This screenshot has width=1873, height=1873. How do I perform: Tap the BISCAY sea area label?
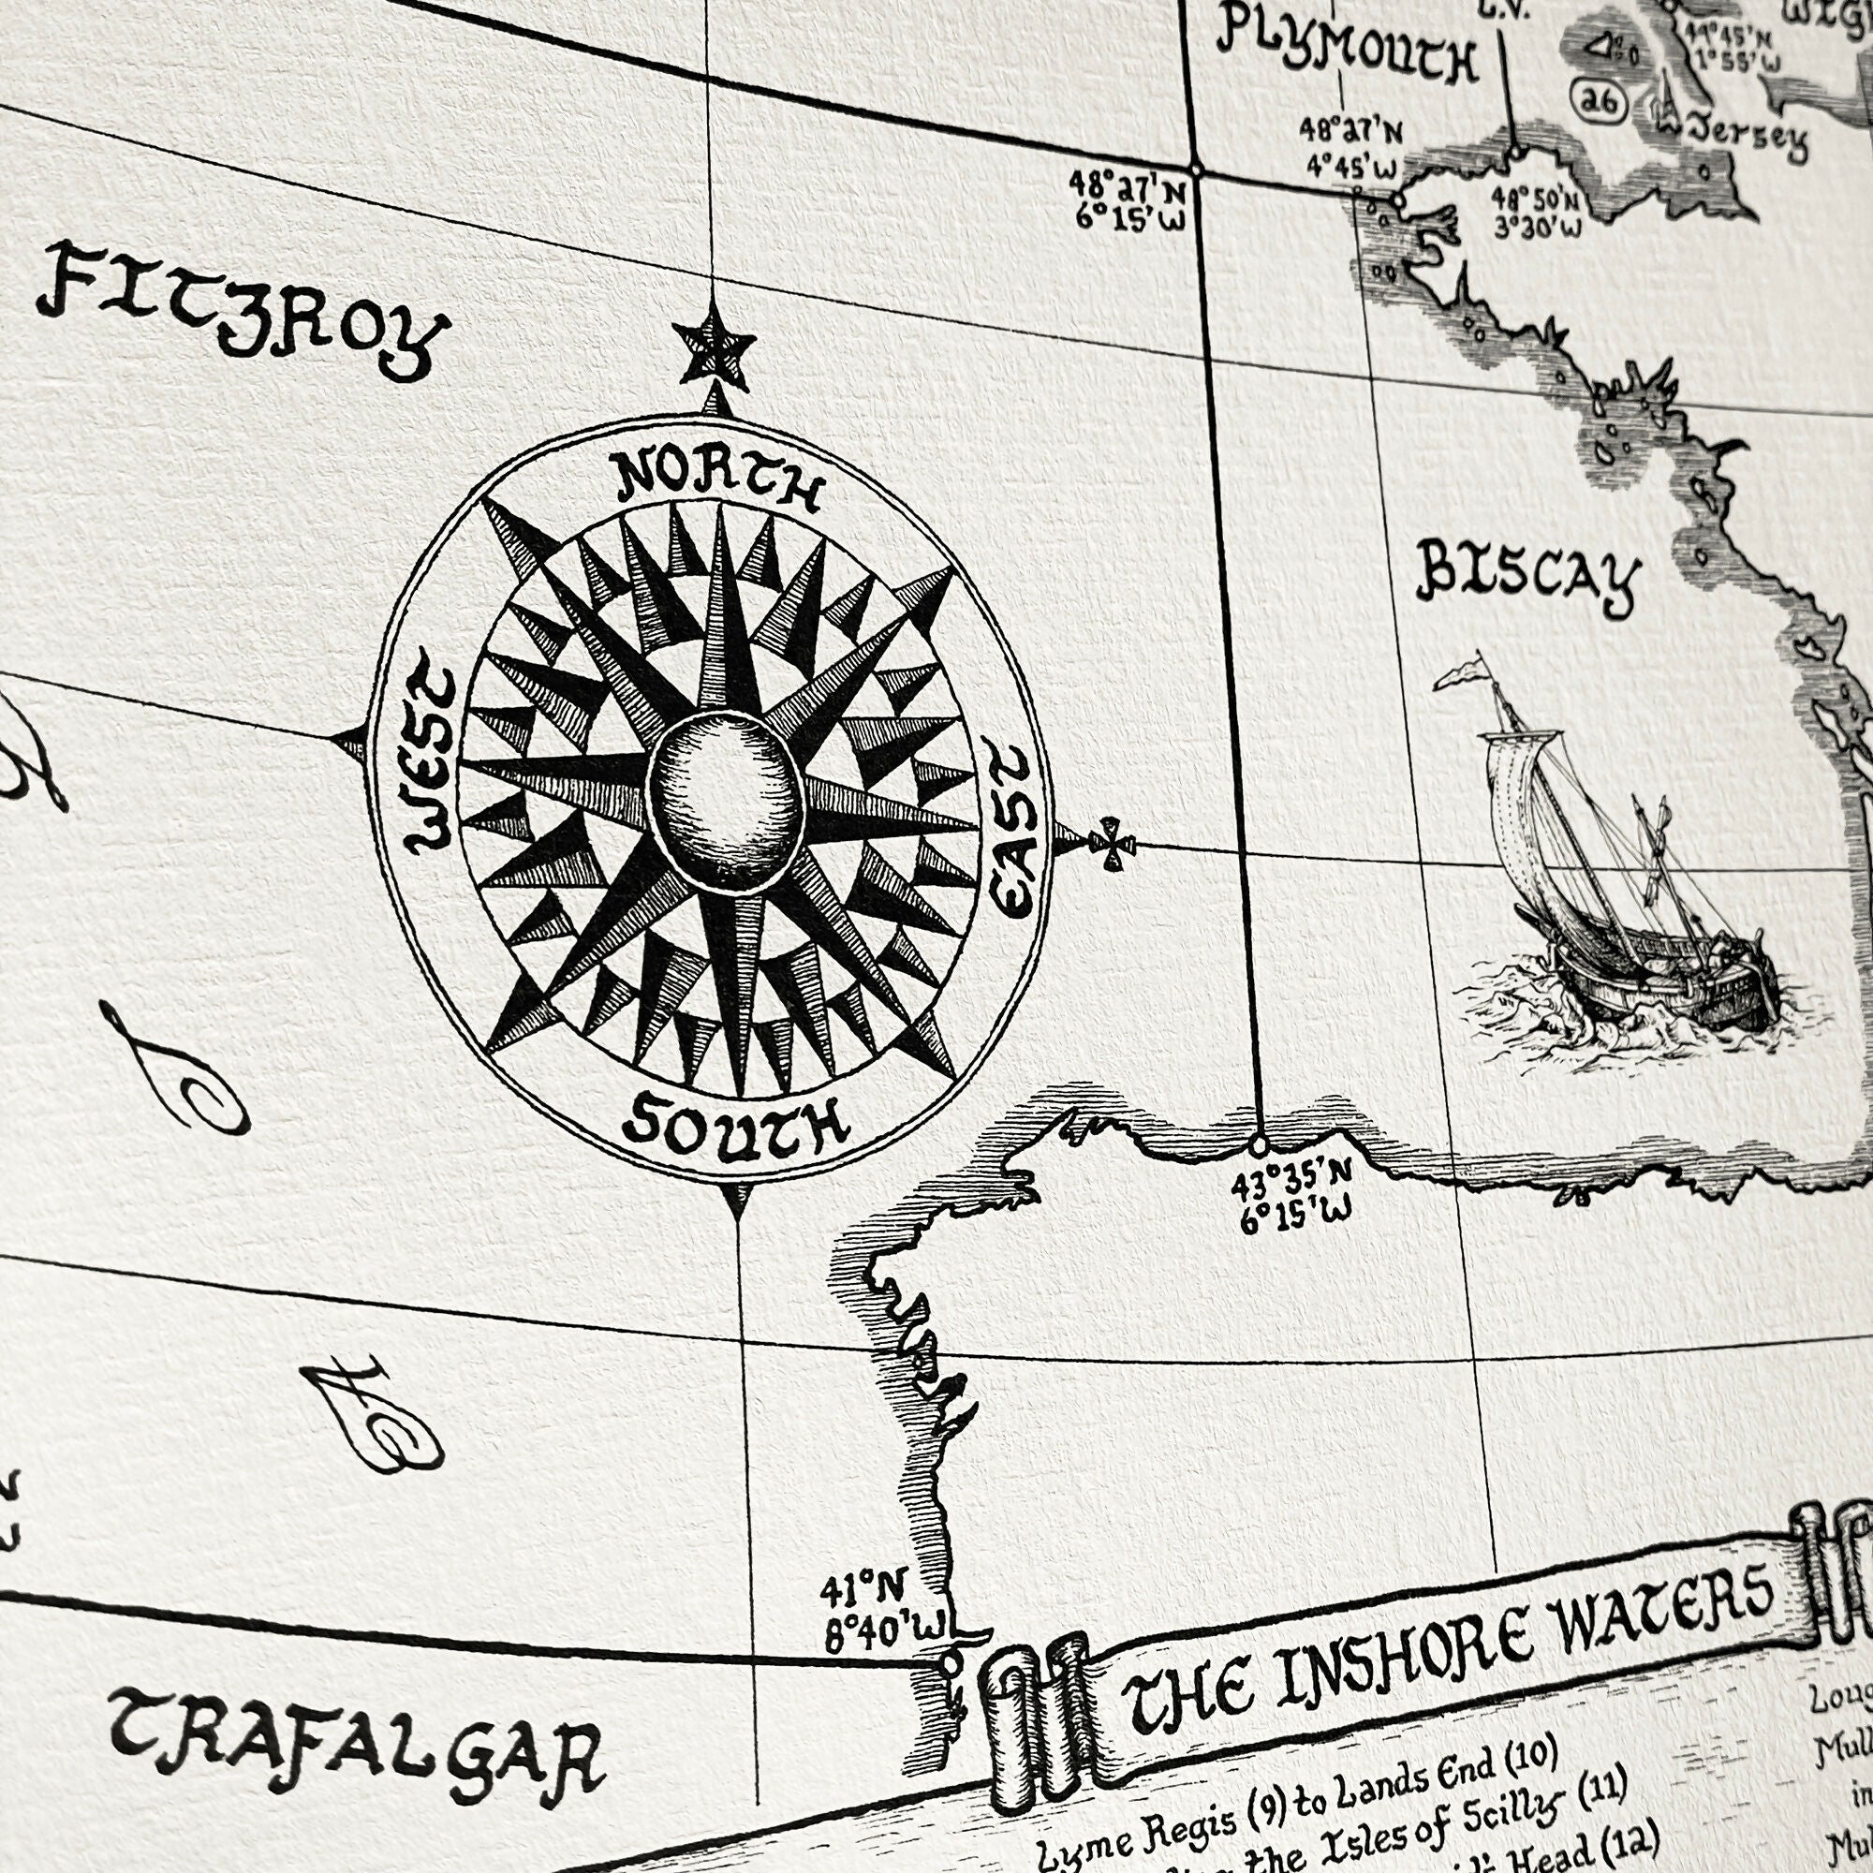tap(1527, 579)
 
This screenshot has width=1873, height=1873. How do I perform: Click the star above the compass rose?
tap(715, 347)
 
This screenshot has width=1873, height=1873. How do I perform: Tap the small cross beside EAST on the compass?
tap(1111, 845)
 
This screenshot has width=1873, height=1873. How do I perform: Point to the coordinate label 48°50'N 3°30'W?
tap(1536, 213)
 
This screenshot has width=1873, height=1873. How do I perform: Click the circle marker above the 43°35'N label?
tap(1259, 1145)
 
